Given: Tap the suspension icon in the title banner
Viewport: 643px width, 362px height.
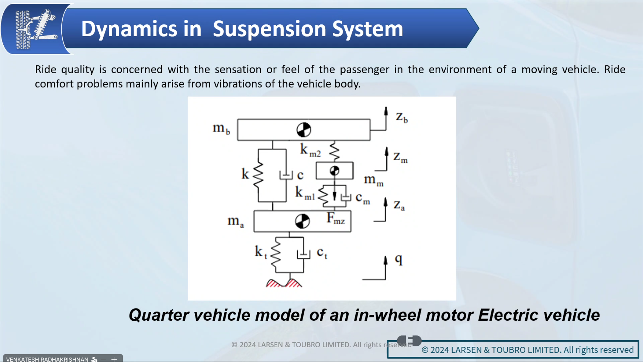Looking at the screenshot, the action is click(36, 29).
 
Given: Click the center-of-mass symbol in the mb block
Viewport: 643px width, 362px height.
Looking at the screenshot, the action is click(304, 130).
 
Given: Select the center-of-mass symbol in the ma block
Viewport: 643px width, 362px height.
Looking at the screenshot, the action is click(303, 221).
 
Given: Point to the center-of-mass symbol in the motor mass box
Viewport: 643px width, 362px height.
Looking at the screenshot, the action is click(335, 171).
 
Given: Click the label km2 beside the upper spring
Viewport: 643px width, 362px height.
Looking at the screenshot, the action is click(310, 150).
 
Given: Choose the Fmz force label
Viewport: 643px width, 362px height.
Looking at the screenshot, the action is click(336, 218).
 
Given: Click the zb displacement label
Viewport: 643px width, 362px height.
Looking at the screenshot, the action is click(402, 117).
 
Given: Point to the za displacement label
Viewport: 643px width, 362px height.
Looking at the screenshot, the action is click(399, 205).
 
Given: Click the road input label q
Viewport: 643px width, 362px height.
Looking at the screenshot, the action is click(398, 260).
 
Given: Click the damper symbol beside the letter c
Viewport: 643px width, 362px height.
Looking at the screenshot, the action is click(286, 175).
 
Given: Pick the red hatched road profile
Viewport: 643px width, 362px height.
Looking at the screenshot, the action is click(284, 283).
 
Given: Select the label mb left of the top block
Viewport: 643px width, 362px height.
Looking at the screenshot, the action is click(221, 128).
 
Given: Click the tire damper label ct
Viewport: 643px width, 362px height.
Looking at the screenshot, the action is click(322, 253).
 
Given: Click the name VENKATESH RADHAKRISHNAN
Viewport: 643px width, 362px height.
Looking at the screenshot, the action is click(47, 359).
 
